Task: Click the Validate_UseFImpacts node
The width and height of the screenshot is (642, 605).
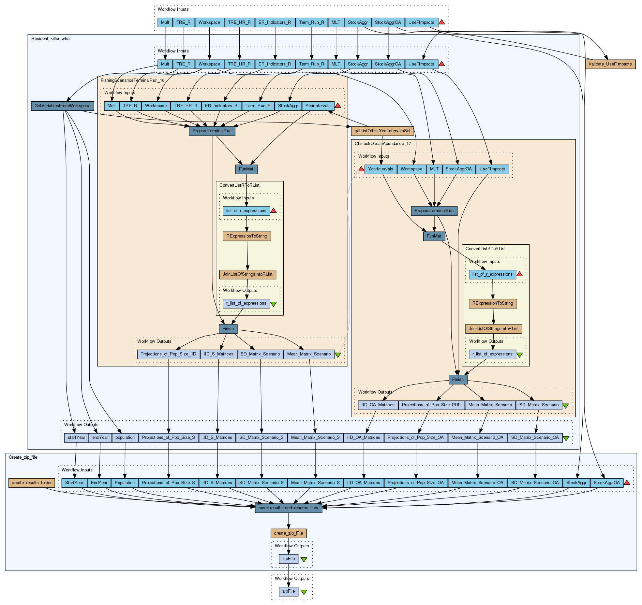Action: tap(610, 64)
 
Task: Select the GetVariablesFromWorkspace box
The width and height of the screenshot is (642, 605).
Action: tap(63, 106)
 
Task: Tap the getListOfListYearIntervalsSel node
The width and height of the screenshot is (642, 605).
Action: tap(382, 131)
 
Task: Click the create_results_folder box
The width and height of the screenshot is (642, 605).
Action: tap(32, 483)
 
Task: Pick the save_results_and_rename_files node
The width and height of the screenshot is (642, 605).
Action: tap(288, 508)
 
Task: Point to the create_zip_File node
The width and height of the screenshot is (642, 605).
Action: tap(289, 533)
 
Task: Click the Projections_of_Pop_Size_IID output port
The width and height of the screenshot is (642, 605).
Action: tap(168, 354)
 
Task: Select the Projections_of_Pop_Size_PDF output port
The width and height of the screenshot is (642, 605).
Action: tap(431, 405)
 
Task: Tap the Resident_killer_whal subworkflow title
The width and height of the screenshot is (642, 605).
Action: tap(51, 39)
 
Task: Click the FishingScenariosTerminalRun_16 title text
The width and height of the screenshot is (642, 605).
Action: tap(132, 80)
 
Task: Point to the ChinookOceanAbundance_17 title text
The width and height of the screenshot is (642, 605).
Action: tap(382, 144)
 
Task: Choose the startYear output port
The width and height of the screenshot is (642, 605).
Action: tap(76, 438)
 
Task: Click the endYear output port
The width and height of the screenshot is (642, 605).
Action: tap(100, 438)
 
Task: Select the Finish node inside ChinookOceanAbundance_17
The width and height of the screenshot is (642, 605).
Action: tap(458, 380)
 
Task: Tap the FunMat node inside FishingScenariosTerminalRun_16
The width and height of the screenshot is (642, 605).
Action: tap(246, 169)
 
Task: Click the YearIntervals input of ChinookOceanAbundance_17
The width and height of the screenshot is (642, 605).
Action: tap(381, 169)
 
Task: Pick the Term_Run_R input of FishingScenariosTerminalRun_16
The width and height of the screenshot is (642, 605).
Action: tap(258, 106)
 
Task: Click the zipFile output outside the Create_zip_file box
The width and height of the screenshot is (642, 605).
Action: tap(289, 591)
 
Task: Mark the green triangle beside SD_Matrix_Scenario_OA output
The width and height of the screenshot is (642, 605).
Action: tap(566, 439)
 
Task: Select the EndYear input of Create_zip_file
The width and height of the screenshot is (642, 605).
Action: tap(99, 483)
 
